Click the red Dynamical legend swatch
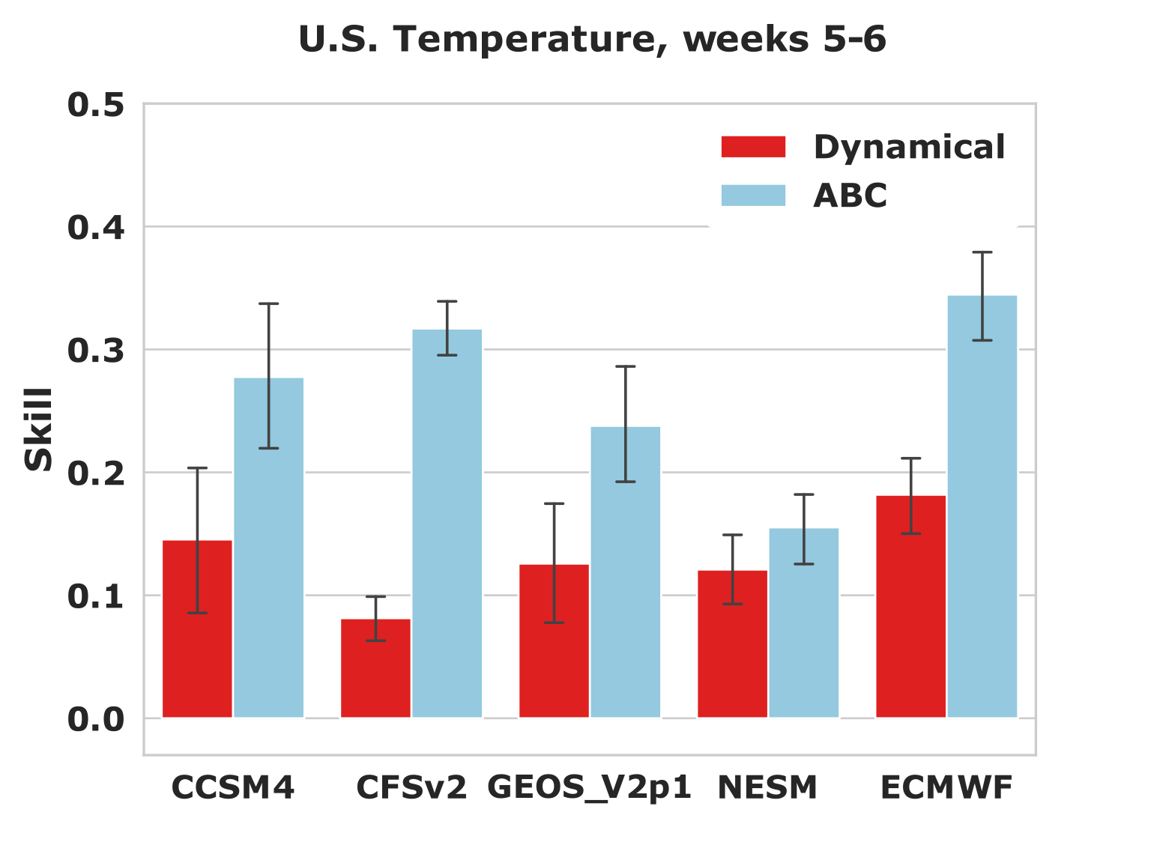[753, 147]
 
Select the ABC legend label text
[850, 196]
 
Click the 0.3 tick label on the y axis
[95, 350]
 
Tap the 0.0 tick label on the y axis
[95, 719]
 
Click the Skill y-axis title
[37, 429]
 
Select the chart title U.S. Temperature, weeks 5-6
[592, 39]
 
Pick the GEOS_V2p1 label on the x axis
[589, 787]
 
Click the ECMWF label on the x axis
[946, 787]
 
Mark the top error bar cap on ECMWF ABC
[982, 252]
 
